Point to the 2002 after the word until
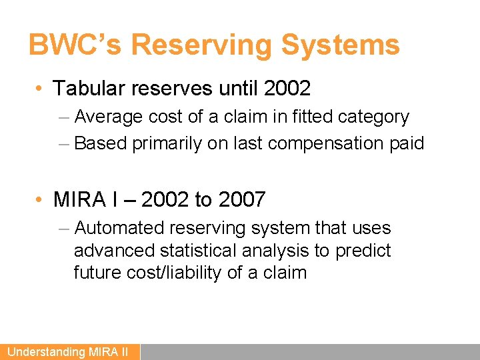click(x=287, y=88)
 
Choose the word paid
click(x=406, y=143)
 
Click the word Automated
click(x=119, y=228)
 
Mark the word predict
click(x=363, y=250)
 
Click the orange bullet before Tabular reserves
click(x=41, y=89)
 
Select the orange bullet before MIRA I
click(x=41, y=199)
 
